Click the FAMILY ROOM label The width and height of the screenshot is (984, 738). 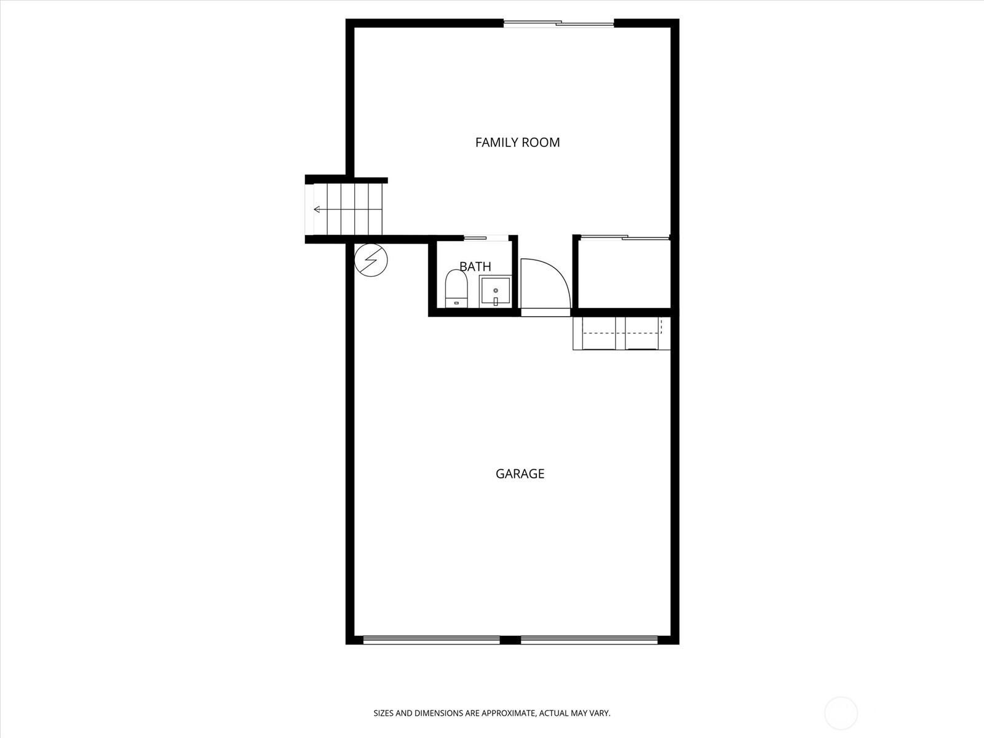click(x=517, y=143)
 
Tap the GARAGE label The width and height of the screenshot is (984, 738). click(x=520, y=474)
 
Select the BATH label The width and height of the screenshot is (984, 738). click(x=475, y=267)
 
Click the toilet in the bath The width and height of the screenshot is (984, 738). click(x=456, y=288)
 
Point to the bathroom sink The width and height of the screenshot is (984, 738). click(x=495, y=292)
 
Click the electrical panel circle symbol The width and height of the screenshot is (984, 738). click(x=371, y=260)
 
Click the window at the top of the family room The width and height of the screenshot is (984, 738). click(x=558, y=24)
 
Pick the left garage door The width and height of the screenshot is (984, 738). click(x=431, y=640)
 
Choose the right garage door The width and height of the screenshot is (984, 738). click(x=589, y=640)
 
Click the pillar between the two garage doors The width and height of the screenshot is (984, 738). click(x=510, y=640)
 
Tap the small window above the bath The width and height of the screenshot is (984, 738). click(x=486, y=238)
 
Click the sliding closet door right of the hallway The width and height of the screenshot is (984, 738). click(x=625, y=237)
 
